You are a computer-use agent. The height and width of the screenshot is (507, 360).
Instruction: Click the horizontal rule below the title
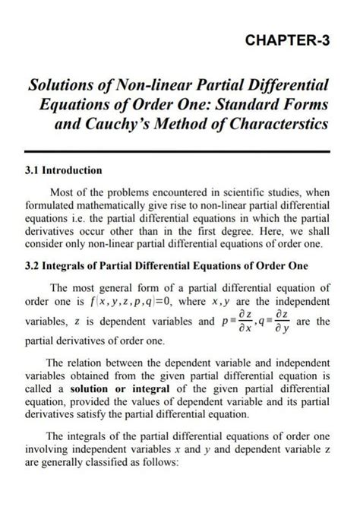point(179,154)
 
